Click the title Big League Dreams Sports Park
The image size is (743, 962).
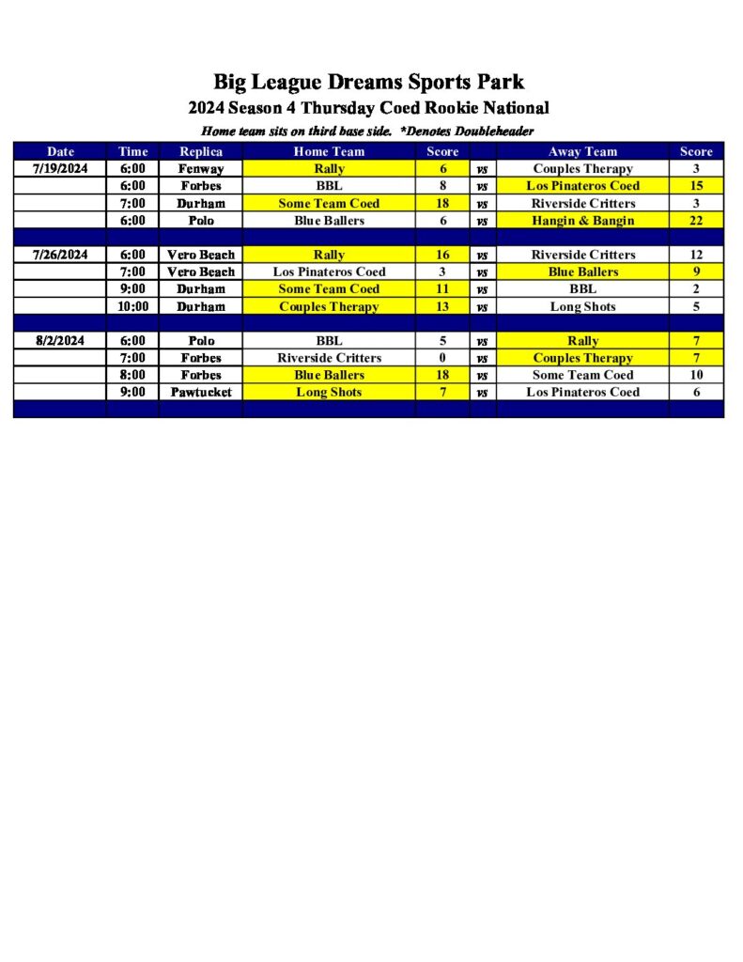368,82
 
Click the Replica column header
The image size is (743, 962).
201,151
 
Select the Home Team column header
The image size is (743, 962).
329,151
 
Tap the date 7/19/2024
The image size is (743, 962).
60,169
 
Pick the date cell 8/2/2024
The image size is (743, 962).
60,341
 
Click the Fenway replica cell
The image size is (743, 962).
201,169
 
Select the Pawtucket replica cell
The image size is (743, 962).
201,392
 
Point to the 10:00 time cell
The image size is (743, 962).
133,306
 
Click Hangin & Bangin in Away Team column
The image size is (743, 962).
582,221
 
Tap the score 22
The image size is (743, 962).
696,221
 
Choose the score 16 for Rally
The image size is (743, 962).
442,255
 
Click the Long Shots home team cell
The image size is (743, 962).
329,392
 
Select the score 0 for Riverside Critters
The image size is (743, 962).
442,358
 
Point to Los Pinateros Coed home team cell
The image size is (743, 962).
329,272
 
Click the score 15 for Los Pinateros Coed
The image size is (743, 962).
696,186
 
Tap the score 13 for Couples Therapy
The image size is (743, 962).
442,306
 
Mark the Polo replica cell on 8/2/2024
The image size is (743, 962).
201,341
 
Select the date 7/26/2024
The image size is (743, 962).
60,255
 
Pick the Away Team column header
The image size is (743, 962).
582,151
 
